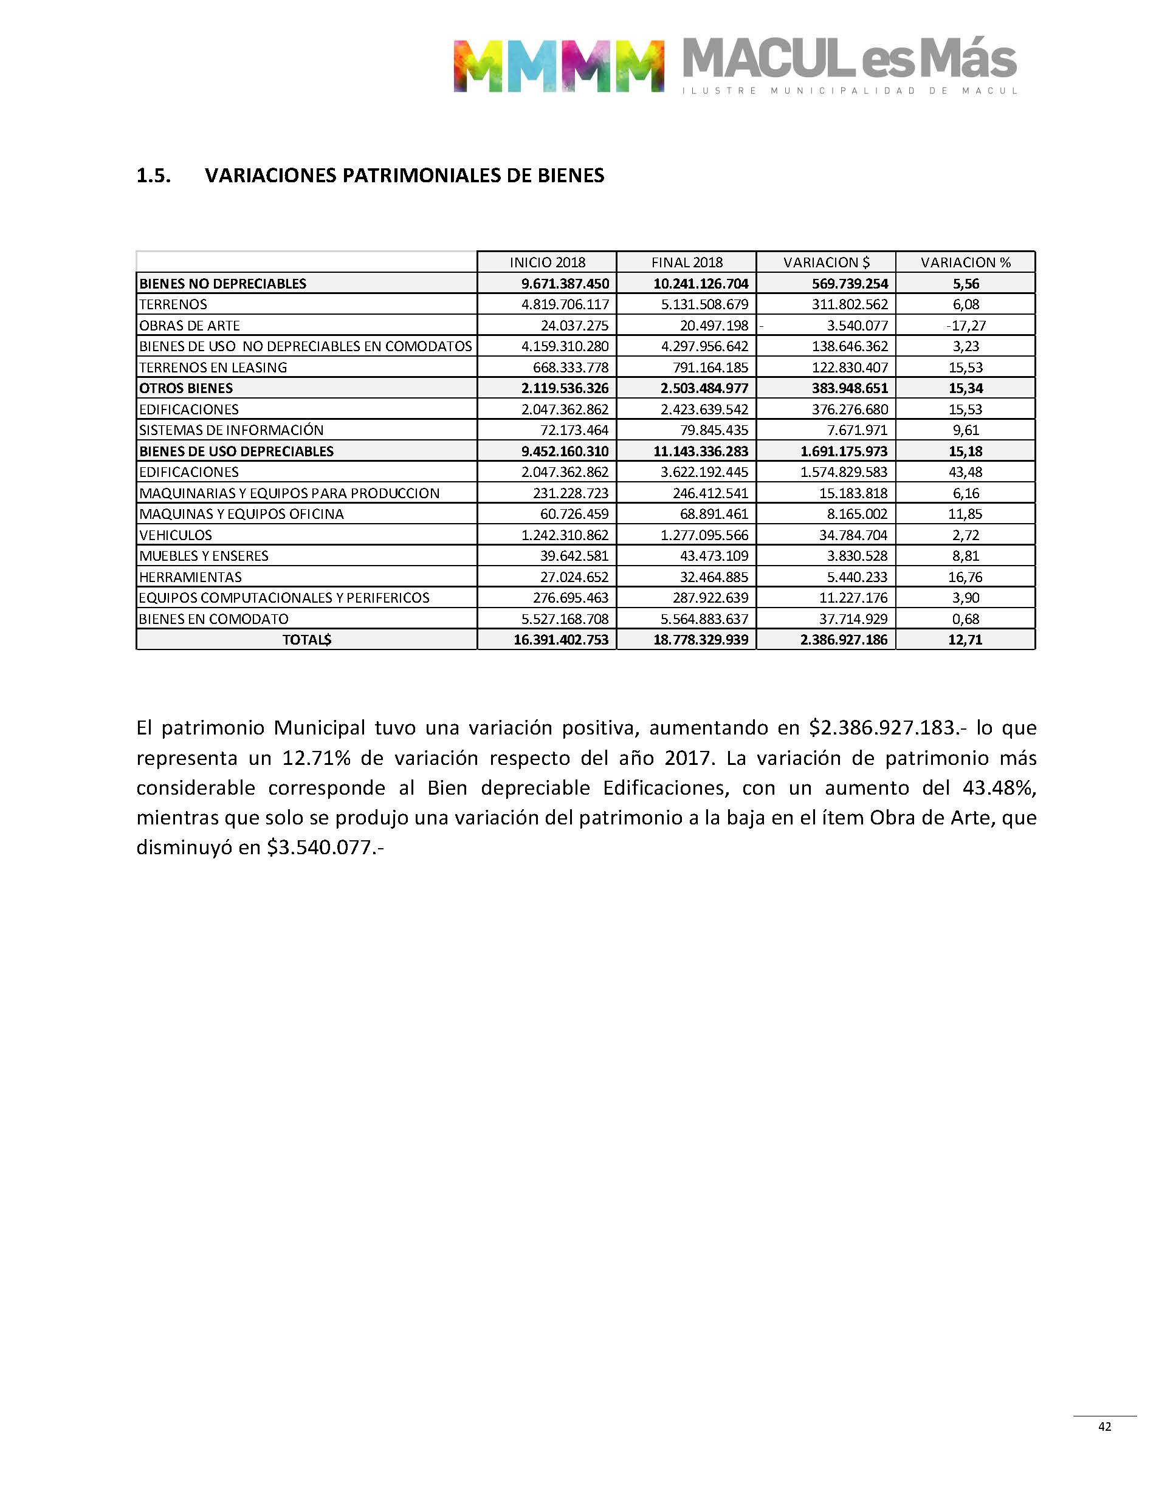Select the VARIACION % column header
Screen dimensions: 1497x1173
tap(965, 262)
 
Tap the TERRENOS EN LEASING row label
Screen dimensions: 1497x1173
tap(213, 367)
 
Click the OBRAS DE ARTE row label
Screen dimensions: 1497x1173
tap(190, 326)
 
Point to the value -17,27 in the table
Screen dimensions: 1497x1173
tap(965, 326)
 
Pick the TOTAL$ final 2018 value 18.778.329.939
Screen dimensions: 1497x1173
tap(701, 640)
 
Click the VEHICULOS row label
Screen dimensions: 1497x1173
tap(176, 535)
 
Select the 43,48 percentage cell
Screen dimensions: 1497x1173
tap(965, 471)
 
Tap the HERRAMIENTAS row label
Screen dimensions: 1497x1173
tap(190, 577)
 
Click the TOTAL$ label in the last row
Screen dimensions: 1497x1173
tap(306, 640)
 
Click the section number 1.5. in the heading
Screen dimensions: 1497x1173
tap(154, 176)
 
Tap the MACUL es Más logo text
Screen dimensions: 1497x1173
tap(849, 60)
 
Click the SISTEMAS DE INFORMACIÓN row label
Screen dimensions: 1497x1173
tap(232, 430)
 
